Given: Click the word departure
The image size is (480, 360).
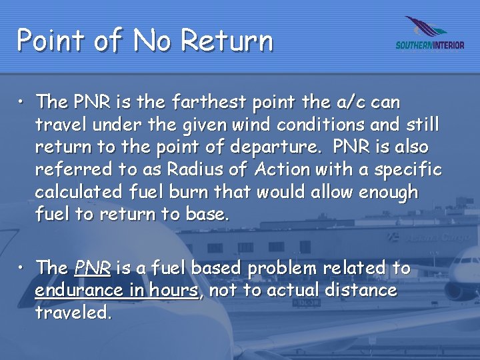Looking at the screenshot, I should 269,148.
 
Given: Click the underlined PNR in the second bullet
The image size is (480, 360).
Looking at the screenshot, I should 92,269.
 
